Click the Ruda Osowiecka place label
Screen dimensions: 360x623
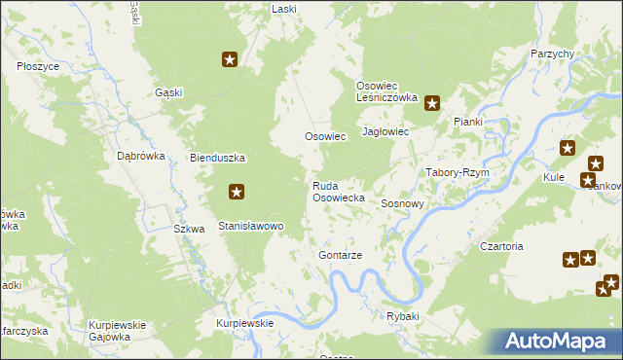click(x=338, y=191)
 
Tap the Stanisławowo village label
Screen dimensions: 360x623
click(x=250, y=226)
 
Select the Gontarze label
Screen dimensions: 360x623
click(x=340, y=255)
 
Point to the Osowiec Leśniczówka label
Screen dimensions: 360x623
click(x=386, y=91)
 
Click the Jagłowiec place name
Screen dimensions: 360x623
click(x=385, y=131)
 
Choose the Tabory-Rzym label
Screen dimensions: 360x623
click(x=457, y=172)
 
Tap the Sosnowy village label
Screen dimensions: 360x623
click(x=402, y=204)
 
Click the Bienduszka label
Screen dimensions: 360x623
click(x=217, y=158)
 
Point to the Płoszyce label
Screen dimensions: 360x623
click(x=38, y=66)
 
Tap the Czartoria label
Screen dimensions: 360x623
click(x=501, y=247)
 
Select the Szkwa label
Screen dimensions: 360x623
click(x=189, y=230)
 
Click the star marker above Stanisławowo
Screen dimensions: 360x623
click(x=236, y=193)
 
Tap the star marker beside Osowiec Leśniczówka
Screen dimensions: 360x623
click(x=431, y=102)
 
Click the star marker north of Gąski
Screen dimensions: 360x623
click(x=230, y=60)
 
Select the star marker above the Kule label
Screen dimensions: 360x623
click(x=568, y=149)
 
